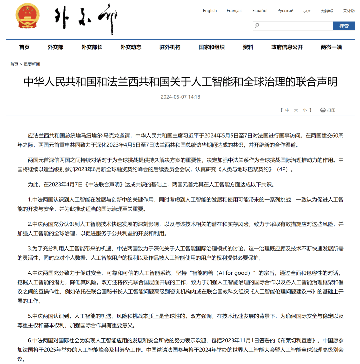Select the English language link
pos(210,11)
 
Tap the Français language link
pos(234,11)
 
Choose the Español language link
pos(260,11)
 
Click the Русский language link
pos(285,11)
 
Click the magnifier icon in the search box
pos(257,26)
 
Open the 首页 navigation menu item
pos(24,47)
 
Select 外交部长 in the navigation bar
pos(92,47)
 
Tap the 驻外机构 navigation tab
pos(170,47)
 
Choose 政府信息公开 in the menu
pos(287,47)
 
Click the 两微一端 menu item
pos(331,47)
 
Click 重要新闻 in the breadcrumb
pos(32,64)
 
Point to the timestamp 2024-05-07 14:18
pos(180,97)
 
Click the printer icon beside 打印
pos(323,110)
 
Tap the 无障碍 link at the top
pos(327,11)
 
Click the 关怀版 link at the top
pos(349,11)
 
